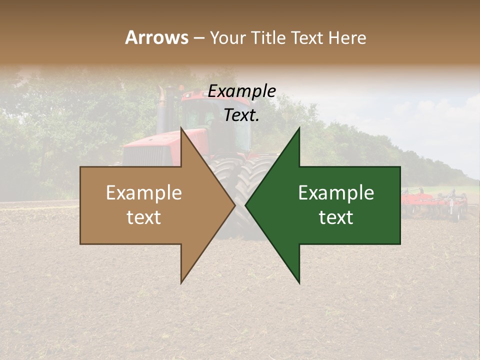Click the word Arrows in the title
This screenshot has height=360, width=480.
[156, 37]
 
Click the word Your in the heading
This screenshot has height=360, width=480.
[228, 38]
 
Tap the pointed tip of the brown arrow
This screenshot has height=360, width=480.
[234, 205]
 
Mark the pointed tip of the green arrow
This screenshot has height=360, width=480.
[246, 205]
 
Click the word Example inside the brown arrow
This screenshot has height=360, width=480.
[144, 193]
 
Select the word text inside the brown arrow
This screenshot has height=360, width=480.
[144, 217]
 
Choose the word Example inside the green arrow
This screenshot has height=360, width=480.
[336, 193]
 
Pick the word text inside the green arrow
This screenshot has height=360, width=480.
[336, 217]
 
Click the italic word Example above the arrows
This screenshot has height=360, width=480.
[242, 91]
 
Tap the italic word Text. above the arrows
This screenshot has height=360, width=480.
[242, 115]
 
